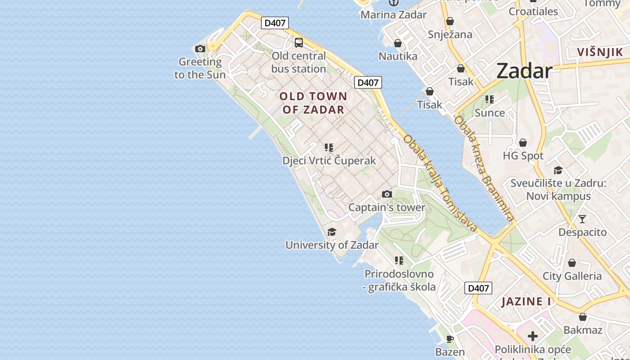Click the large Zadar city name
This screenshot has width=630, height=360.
click(524, 71)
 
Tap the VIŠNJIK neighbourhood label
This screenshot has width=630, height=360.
click(600, 52)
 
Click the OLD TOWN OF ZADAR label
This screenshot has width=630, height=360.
click(313, 103)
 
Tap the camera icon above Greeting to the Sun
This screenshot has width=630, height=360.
click(200, 49)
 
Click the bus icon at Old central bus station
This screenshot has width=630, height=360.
click(299, 43)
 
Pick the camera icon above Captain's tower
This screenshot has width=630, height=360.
click(387, 194)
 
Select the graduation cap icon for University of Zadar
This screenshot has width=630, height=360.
click(332, 232)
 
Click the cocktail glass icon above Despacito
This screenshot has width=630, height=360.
click(582, 219)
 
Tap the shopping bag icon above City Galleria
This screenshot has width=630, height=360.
click(572, 263)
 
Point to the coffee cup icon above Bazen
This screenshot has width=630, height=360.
click(450, 339)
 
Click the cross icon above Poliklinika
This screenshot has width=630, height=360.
click(533, 336)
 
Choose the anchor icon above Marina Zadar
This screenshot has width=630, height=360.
click(394, 3)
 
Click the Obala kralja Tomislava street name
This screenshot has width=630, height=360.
click(440, 184)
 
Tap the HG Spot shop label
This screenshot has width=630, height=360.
click(523, 156)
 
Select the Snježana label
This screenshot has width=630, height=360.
click(450, 35)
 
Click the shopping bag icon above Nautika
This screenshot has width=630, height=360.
click(398, 43)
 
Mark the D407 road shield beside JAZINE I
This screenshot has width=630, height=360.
click(478, 288)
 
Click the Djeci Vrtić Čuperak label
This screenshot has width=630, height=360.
click(329, 161)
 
